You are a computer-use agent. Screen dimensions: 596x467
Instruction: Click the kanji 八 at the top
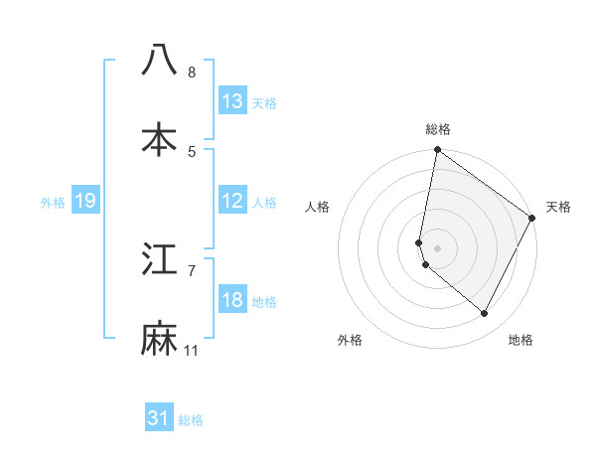click(x=159, y=60)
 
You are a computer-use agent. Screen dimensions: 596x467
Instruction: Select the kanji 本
click(x=159, y=140)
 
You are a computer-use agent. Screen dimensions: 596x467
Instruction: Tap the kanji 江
click(x=159, y=259)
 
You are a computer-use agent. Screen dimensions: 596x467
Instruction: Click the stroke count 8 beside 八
click(x=192, y=73)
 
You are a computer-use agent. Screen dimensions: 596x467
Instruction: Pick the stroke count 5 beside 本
click(x=192, y=152)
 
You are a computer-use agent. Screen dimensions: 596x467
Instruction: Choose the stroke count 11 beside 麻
click(x=192, y=351)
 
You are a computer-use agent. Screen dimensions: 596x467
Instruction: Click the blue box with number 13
click(x=232, y=100)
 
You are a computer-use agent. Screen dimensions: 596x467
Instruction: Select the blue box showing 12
click(x=232, y=201)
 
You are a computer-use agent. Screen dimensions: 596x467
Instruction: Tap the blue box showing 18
click(x=232, y=300)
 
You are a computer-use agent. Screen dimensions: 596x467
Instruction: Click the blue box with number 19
click(x=85, y=201)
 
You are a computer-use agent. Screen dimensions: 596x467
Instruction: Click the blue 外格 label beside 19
click(x=53, y=203)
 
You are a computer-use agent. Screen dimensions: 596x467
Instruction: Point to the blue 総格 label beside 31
click(x=191, y=420)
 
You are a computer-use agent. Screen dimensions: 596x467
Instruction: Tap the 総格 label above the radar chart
click(x=438, y=129)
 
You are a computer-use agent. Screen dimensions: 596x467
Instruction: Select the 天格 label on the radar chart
click(x=558, y=207)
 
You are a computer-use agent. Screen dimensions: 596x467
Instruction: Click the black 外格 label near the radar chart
click(x=350, y=340)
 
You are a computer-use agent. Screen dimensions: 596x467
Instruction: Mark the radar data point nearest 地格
click(x=485, y=313)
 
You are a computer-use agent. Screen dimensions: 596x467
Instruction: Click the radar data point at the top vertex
click(x=437, y=151)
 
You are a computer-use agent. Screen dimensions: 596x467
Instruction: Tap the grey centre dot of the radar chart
click(x=437, y=248)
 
